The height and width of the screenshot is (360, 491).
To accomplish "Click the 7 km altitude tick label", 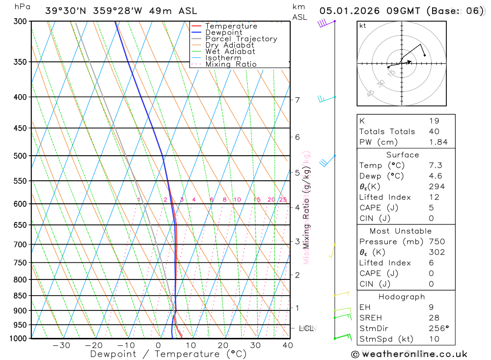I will coord(298,100).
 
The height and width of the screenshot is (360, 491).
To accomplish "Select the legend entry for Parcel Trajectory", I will coord(241,39).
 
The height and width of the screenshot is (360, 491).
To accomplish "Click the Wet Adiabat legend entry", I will coord(230,52).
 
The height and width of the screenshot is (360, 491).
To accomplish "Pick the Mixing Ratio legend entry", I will coord(231,64).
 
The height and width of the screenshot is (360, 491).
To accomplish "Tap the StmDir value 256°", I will coord(438,329).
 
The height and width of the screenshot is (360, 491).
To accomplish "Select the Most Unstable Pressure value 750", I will coord(436,242).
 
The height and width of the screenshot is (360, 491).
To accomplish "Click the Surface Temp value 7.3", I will coord(435,166).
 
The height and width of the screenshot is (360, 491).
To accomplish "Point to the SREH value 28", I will coord(434,318).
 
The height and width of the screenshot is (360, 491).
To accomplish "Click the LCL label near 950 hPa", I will coord(306,328).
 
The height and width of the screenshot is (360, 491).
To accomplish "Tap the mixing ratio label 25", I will coord(283,199).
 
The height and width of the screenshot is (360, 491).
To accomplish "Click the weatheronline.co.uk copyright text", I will coord(409,354).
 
